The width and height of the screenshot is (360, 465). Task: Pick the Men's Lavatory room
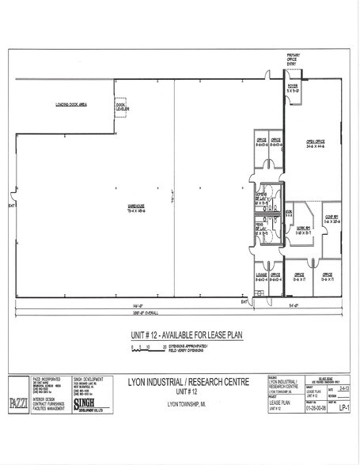point(261,232)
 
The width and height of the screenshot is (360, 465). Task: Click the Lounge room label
point(261,276)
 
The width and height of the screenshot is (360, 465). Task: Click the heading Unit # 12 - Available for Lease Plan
point(179,335)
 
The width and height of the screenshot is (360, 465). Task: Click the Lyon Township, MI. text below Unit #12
point(184,404)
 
